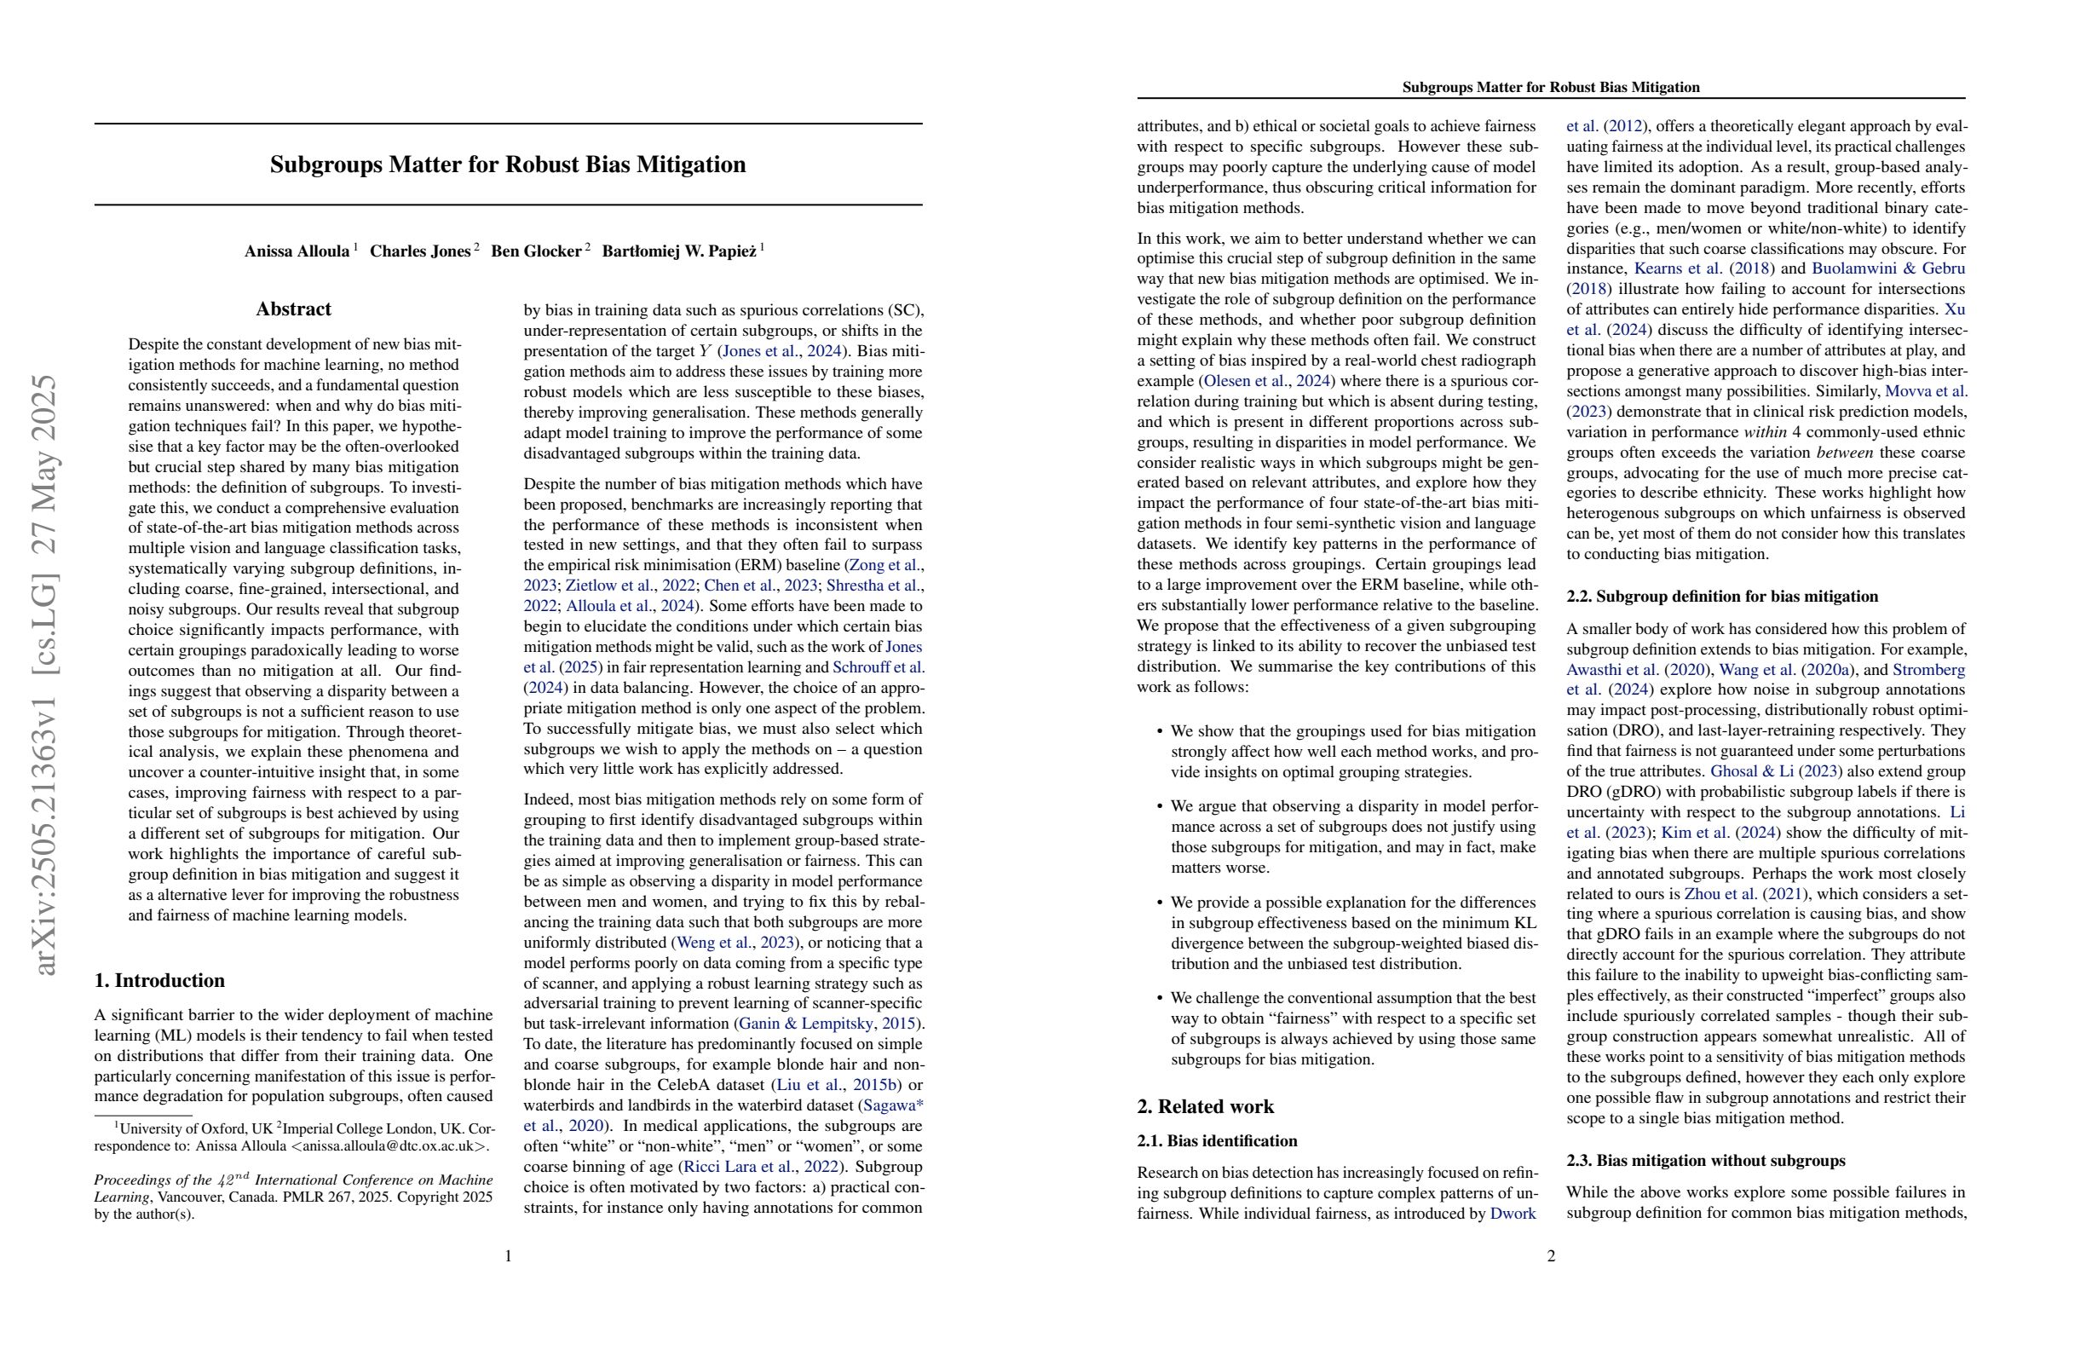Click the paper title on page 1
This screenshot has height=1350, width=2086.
point(508,164)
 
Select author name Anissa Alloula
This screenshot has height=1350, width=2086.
point(297,251)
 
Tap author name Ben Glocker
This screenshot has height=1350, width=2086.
point(535,251)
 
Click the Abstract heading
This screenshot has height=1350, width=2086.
point(294,309)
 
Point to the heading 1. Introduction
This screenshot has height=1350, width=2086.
point(159,980)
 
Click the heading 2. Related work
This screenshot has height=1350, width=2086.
point(1205,1106)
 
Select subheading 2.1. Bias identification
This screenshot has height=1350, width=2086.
point(1217,1140)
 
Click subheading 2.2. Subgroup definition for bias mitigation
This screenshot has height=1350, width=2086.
point(1721,596)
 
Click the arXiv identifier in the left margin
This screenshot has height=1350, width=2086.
point(44,675)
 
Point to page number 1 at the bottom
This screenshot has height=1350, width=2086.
point(508,1256)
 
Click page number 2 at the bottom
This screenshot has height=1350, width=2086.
point(1551,1256)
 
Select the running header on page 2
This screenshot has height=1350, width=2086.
point(1551,87)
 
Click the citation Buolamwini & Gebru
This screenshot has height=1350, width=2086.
point(1888,269)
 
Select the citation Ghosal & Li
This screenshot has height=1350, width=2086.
point(1762,771)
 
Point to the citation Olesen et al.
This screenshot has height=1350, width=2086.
point(1244,381)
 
